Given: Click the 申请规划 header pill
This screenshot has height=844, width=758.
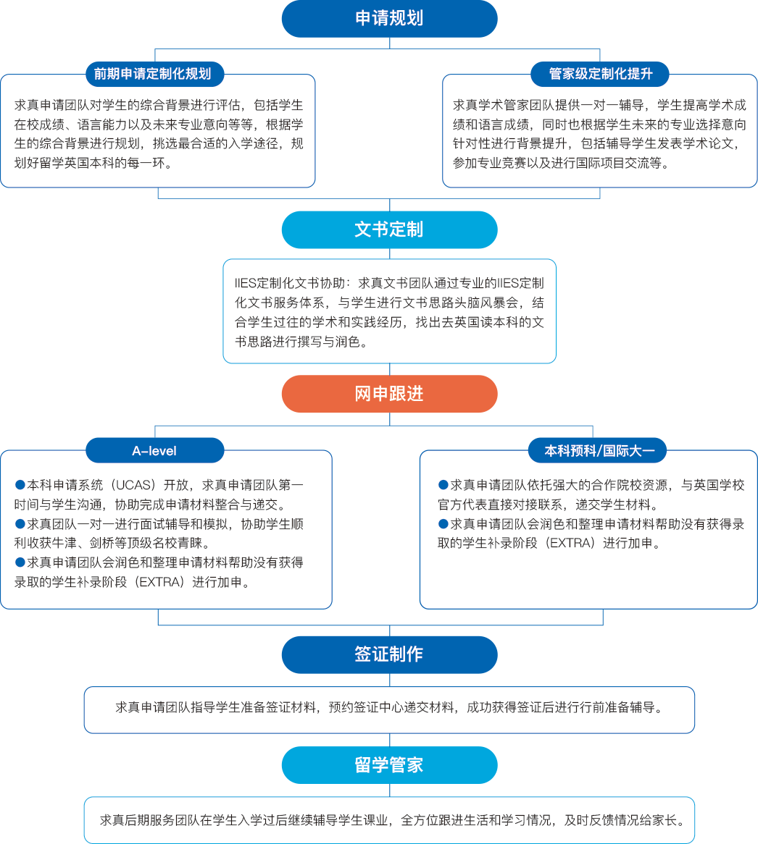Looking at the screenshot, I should point(389,19).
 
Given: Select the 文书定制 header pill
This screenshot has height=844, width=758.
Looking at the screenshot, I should point(389,229).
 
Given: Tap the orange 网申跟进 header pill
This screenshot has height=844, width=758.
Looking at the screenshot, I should point(389,394).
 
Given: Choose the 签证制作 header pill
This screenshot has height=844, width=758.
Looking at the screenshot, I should point(389,654).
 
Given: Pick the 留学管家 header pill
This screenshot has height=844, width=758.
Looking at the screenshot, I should point(389,765).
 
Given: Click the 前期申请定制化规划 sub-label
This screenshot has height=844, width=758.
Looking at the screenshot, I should point(152,74).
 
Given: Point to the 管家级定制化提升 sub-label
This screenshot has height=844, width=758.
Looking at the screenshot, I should point(600,74).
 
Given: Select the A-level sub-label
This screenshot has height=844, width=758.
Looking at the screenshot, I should point(154,450).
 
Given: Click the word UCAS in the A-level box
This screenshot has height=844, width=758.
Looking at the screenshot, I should point(133,485).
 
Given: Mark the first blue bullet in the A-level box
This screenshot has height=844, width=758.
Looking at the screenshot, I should point(20,485).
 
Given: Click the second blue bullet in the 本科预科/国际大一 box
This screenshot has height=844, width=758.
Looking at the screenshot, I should point(443,524).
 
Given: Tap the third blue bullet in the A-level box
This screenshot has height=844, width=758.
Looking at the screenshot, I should point(20,562).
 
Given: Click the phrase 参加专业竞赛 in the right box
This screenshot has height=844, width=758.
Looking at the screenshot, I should point(487,164).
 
